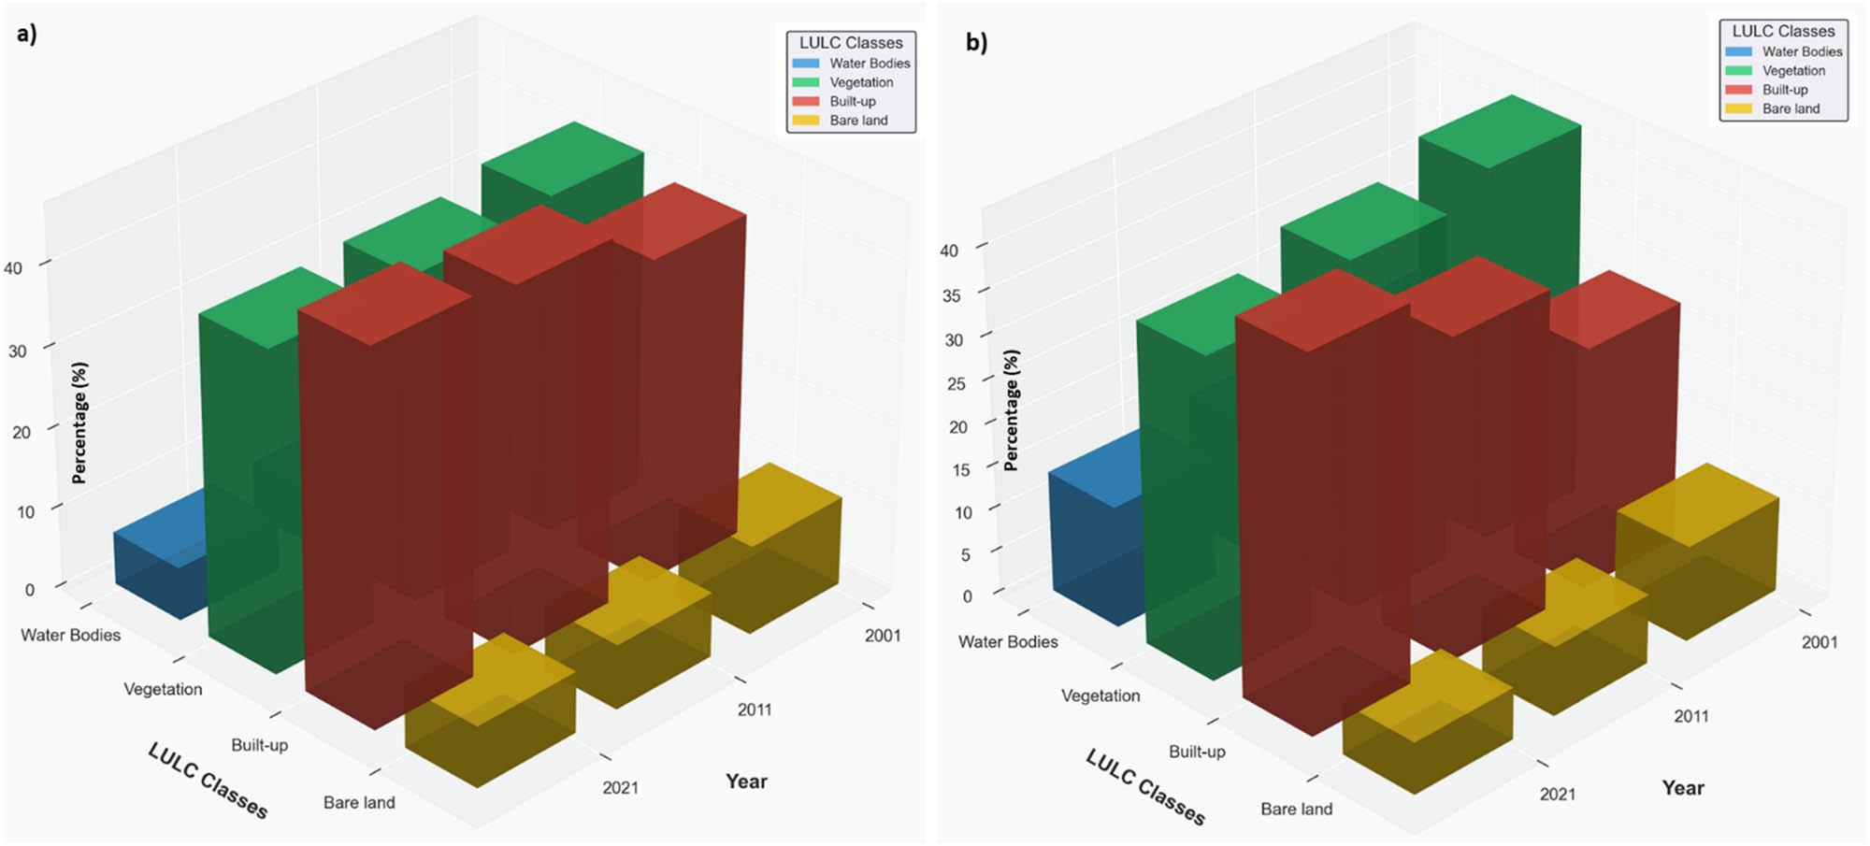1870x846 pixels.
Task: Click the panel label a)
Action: click(27, 35)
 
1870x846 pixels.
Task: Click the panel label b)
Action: click(976, 42)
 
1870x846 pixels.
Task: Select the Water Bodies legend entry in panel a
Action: click(851, 64)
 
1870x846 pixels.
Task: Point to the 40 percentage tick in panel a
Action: click(13, 268)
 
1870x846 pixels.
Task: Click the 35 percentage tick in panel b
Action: click(951, 295)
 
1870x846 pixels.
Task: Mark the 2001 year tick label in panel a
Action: click(883, 636)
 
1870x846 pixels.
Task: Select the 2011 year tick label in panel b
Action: click(1691, 717)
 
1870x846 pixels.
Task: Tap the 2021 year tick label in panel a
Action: click(621, 788)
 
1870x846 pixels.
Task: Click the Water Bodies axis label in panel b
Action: click(1008, 642)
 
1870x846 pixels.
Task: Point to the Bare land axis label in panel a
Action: click(359, 803)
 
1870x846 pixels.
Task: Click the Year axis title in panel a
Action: click(746, 781)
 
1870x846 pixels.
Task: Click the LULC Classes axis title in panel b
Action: click(1145, 788)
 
